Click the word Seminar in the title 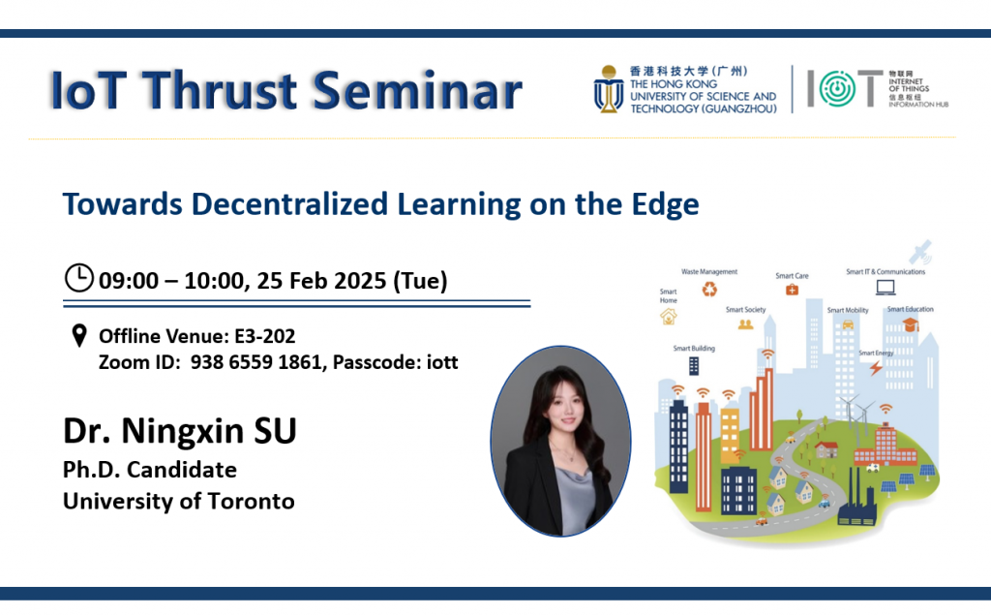tap(417, 90)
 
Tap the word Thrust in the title tap(219, 90)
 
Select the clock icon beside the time tap(79, 278)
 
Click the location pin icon tap(79, 336)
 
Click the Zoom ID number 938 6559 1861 tap(257, 362)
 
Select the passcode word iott tap(441, 362)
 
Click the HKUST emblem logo tap(609, 89)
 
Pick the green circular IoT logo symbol tap(837, 88)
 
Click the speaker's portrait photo tap(560, 441)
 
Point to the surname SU tap(275, 431)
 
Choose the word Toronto tap(251, 502)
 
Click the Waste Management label tap(709, 272)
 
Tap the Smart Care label tap(792, 276)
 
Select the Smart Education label tap(910, 309)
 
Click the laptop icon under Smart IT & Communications tap(886, 288)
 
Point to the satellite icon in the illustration tap(920, 252)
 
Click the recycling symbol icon tap(709, 290)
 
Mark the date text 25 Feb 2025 tap(321, 280)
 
